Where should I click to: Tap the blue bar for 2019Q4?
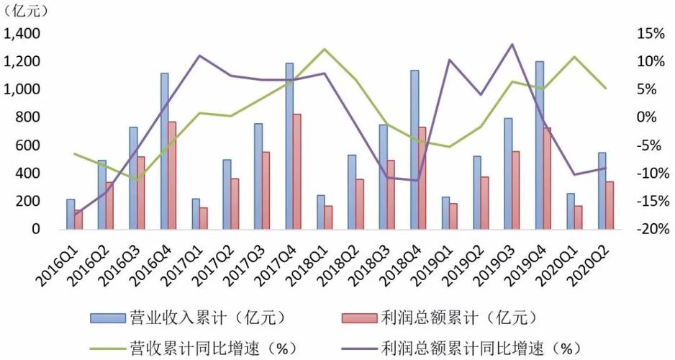tap(540, 145)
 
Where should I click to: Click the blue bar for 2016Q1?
tap(71, 214)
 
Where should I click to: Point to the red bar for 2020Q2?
tap(611, 205)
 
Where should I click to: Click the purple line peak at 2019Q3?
tap(512, 45)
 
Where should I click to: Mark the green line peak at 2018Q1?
tap(325, 49)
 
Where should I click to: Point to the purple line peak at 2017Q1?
tap(199, 56)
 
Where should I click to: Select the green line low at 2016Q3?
tap(137, 180)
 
